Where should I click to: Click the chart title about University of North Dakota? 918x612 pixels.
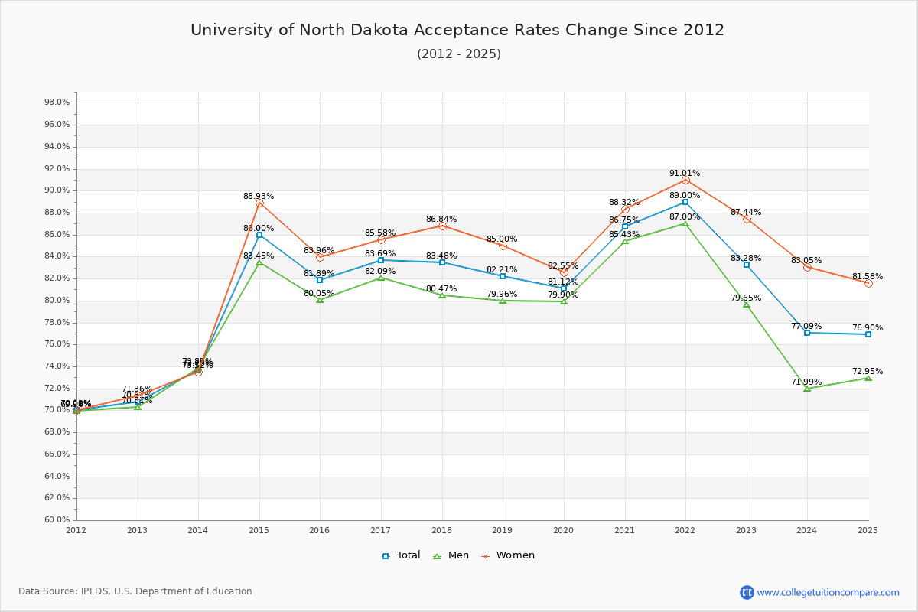(457, 30)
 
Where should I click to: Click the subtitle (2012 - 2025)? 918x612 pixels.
(458, 54)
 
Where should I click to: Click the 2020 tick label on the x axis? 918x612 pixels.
(563, 529)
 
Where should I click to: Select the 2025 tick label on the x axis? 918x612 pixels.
(868, 529)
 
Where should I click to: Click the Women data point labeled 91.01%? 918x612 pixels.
(685, 181)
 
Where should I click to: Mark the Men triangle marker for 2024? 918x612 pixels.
(807, 389)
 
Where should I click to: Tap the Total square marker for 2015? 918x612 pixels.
(259, 235)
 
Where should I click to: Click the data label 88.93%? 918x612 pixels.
(259, 197)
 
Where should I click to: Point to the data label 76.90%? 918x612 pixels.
(868, 328)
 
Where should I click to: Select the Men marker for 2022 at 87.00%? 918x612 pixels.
(685, 223)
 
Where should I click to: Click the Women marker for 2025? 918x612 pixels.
(868, 283)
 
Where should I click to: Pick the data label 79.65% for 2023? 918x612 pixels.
(746, 298)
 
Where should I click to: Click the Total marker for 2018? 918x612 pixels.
(442, 262)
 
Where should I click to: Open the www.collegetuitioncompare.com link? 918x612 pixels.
(828, 592)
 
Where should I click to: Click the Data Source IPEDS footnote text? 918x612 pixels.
(135, 591)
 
